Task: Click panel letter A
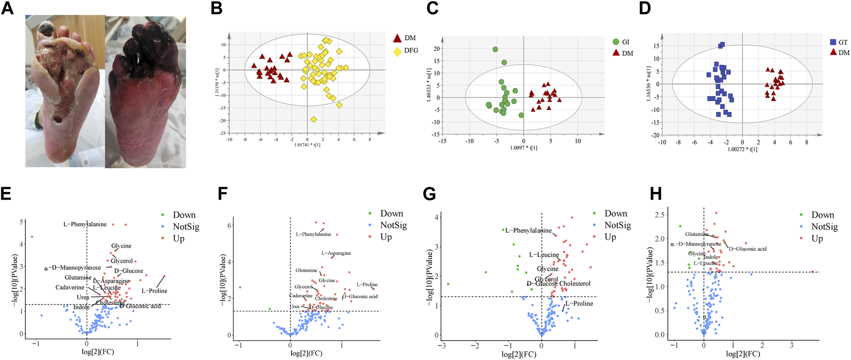pos(7,8)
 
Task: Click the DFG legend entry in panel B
pos(411,50)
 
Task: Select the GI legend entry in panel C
pos(625,42)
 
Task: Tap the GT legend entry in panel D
pos(843,42)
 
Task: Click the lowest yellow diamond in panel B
pos(314,119)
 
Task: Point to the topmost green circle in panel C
pos(495,49)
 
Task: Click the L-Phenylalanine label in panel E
pos(85,225)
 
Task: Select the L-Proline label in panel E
pos(154,291)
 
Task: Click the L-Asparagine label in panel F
pos(336,253)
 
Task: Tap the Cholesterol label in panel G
pos(575,284)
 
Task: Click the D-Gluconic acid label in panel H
pos(747,249)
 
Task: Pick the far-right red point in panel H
pos(813,272)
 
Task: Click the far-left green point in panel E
pos(32,237)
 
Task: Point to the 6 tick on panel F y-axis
pos(230,225)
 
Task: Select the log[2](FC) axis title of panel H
pos(742,354)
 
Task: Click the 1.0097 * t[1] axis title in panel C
pos(523,148)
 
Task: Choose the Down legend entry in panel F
pos(391,214)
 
